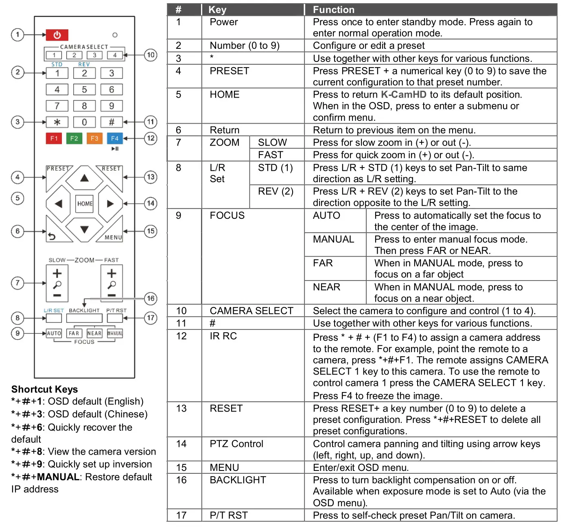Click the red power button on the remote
[x=57, y=35]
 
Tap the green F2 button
[x=74, y=138]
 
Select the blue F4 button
[x=115, y=138]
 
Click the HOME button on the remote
[x=85, y=204]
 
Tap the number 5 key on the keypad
[x=84, y=89]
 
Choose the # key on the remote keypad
[x=112, y=122]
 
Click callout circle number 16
[x=151, y=298]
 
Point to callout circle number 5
[x=17, y=198]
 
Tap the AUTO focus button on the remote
[x=54, y=333]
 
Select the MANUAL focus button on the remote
[x=115, y=333]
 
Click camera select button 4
[x=115, y=55]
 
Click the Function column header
[x=333, y=10]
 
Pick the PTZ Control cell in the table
[x=236, y=444]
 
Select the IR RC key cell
[x=223, y=336]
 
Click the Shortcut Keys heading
[x=44, y=389]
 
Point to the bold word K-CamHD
[x=403, y=95]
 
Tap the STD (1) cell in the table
[x=275, y=168]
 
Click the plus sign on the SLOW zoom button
[x=57, y=273]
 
